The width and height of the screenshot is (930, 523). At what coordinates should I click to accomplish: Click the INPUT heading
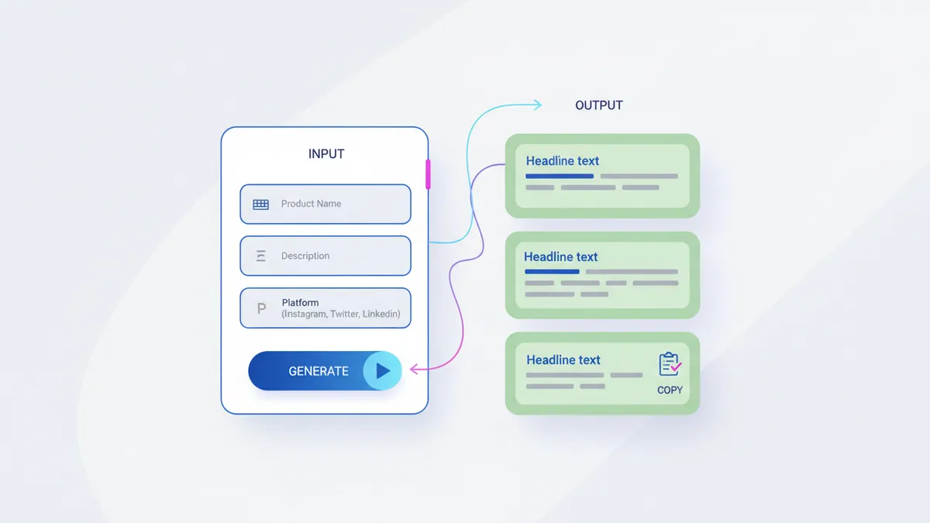point(326,153)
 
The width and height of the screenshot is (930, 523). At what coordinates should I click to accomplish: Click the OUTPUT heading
point(598,105)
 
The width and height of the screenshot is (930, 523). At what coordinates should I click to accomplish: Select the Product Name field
point(325,204)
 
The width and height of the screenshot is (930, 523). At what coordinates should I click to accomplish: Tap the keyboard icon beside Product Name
point(261,205)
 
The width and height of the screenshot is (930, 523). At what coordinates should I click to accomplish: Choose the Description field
point(325,256)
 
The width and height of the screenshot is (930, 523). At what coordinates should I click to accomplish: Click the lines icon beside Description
point(261,256)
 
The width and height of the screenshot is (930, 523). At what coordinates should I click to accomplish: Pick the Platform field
point(325,308)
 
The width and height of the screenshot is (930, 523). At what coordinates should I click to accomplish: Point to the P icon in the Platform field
point(261,308)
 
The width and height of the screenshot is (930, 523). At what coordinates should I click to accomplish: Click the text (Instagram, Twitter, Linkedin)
point(341,315)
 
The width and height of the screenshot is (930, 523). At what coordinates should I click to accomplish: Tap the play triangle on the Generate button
point(382,371)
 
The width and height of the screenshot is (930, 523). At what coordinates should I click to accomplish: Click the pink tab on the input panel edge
point(428,174)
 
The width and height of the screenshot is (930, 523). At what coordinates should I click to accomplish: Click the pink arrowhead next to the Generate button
point(413,370)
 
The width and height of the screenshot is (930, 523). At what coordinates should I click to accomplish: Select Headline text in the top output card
point(563,161)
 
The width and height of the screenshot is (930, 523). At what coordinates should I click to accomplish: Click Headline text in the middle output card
point(561,256)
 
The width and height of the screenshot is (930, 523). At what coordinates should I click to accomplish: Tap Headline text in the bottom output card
point(563,360)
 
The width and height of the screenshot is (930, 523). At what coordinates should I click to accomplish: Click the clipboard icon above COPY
point(669,364)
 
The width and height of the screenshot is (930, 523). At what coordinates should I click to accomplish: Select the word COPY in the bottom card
point(670,390)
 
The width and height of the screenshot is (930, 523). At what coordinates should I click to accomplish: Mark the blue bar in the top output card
point(560,177)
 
